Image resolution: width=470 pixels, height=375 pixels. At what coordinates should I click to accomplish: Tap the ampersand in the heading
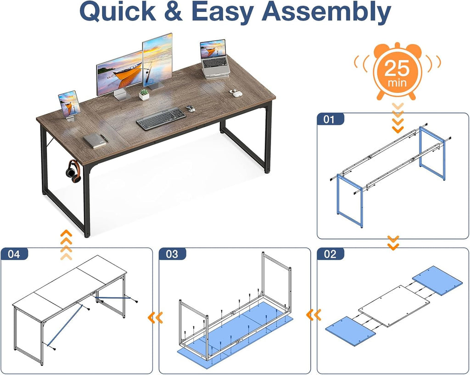tap(173, 11)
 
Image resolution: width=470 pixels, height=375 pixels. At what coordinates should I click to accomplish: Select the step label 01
tap(330, 119)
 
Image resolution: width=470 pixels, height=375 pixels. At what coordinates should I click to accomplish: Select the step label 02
tap(330, 254)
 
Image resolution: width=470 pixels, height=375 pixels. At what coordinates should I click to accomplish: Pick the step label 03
tap(172, 254)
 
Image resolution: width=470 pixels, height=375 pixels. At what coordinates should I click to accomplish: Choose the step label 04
tap(14, 254)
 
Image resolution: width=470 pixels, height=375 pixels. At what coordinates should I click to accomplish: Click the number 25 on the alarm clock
tap(397, 68)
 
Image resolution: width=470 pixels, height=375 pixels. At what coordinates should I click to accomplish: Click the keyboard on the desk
tap(161, 119)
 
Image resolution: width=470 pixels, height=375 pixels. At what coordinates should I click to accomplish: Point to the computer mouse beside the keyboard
tap(190, 108)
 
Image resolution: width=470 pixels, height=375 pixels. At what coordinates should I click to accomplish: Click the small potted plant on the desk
tap(144, 95)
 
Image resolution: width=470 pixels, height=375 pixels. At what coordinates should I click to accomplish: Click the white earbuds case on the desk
tap(235, 93)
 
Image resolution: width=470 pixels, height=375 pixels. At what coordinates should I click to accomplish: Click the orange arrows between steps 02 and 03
tap(313, 315)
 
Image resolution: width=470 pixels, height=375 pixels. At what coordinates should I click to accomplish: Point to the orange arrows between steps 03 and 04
tap(156, 318)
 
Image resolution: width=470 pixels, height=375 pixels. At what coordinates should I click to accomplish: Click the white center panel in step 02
tap(394, 306)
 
